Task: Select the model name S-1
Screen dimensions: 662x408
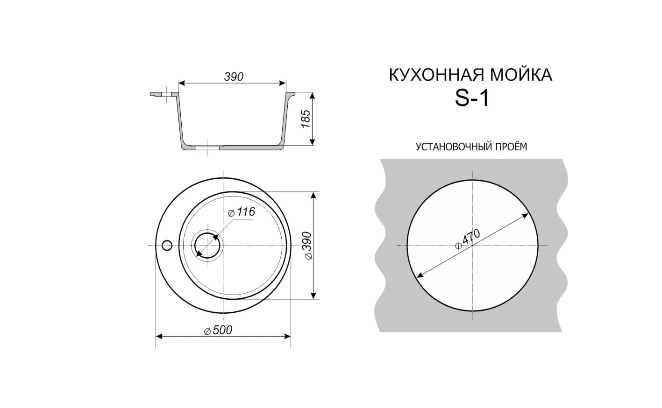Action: click(x=472, y=98)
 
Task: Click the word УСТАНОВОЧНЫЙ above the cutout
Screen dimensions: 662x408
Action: click(x=453, y=147)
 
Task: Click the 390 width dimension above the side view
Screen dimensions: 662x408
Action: click(x=234, y=77)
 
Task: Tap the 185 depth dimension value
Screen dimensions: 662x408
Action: click(x=306, y=119)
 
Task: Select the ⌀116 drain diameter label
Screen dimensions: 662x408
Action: click(x=241, y=212)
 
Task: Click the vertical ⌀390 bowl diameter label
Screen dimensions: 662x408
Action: click(x=307, y=246)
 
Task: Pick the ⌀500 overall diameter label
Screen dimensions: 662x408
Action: click(x=218, y=330)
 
